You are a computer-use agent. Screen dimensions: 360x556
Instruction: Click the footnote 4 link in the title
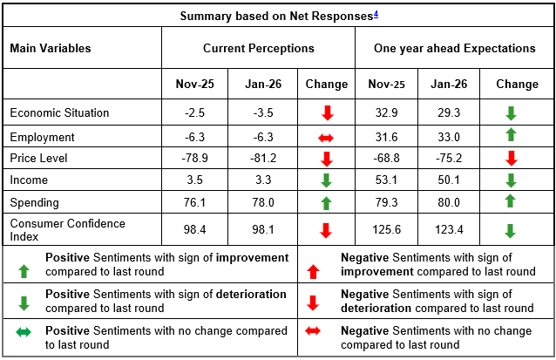376,14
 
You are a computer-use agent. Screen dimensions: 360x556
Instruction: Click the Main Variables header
51,49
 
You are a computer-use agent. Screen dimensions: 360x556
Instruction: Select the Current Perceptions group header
258,49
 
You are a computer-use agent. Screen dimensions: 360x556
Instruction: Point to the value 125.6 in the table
387,230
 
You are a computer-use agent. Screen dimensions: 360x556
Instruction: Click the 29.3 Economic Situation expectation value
449,112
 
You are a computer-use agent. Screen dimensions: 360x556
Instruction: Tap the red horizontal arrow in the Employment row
327,137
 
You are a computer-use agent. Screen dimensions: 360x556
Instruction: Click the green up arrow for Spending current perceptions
327,202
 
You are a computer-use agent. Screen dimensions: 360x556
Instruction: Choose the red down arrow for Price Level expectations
511,159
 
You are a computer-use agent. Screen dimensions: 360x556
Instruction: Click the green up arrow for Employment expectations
511,135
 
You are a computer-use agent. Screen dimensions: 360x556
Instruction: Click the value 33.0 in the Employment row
449,137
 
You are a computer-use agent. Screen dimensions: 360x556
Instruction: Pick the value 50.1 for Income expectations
449,180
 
